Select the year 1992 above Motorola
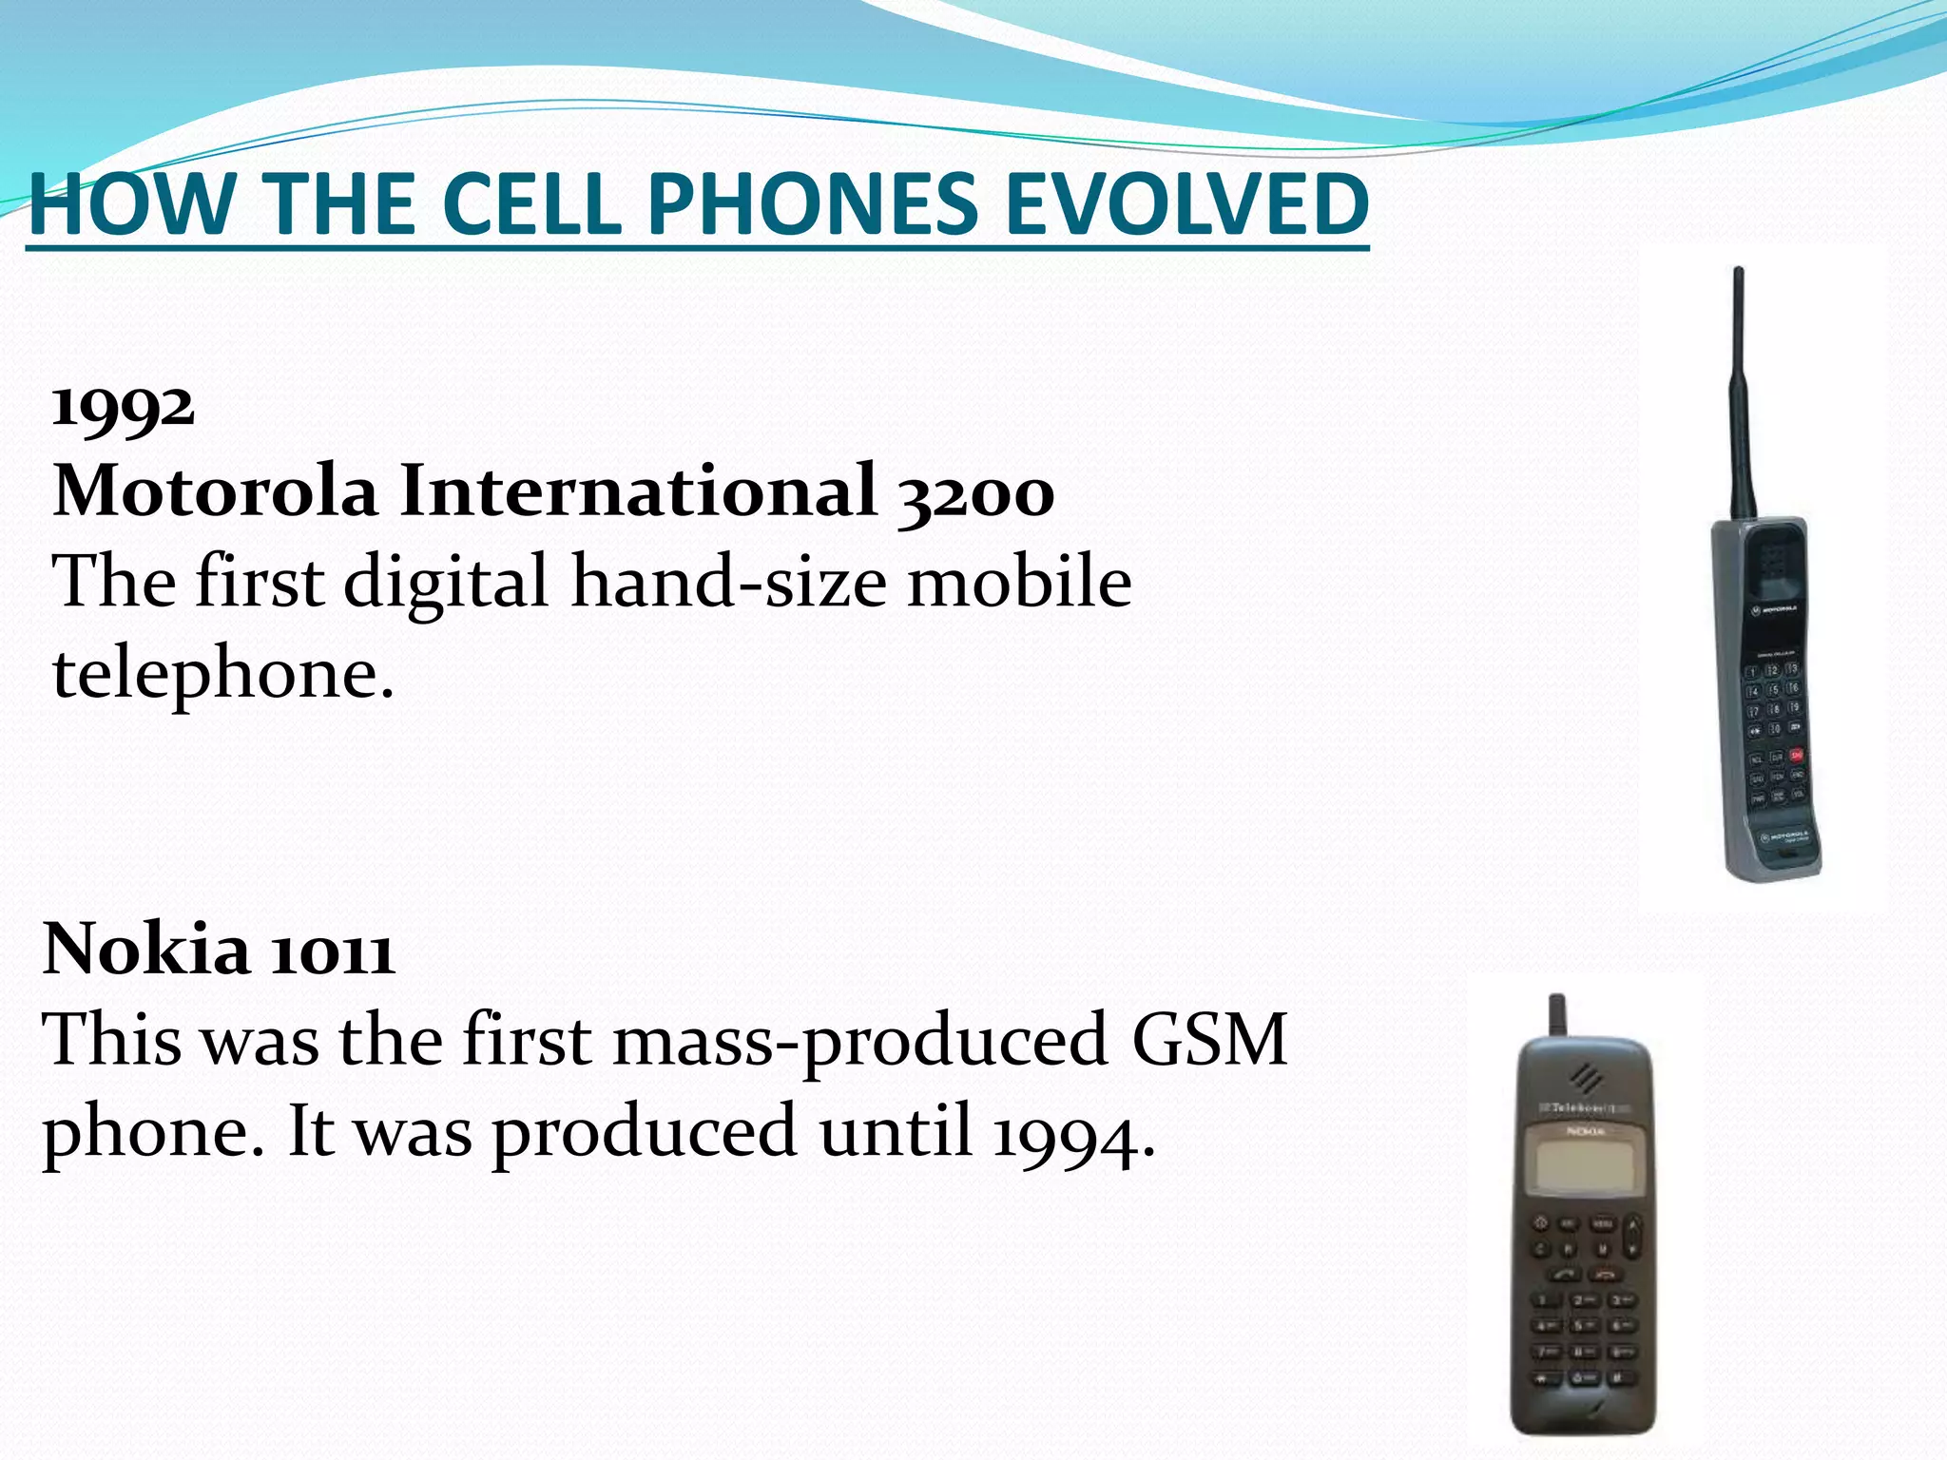point(124,408)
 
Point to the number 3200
point(975,493)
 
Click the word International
point(638,491)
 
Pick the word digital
point(446,581)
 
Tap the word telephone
point(222,673)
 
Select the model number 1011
point(332,951)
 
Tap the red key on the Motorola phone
point(1797,755)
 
